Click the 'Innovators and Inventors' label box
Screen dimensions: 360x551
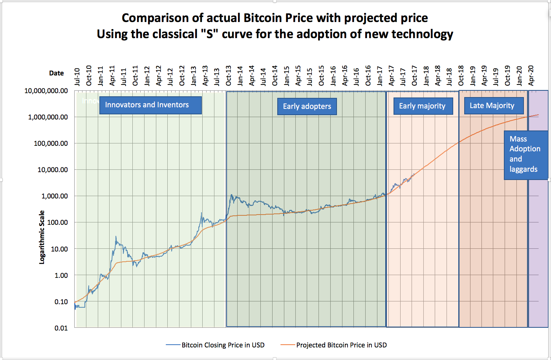[150, 105]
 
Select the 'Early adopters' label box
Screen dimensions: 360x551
[307, 107]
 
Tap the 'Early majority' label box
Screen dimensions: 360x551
[423, 106]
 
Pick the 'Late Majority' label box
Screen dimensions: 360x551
[494, 106]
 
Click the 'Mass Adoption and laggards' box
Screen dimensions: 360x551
[525, 154]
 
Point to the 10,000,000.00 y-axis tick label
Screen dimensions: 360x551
[46, 91]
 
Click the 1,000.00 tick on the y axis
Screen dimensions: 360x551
[55, 196]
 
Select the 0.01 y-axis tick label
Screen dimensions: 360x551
[61, 328]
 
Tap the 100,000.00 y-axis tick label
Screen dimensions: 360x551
[51, 143]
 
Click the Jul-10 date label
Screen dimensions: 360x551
[77, 77]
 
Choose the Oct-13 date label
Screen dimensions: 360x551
[229, 75]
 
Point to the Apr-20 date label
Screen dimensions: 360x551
[531, 75]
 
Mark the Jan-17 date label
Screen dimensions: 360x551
[380, 75]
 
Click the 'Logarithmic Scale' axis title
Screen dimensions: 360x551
[42, 237]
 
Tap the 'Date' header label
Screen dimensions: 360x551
[57, 73]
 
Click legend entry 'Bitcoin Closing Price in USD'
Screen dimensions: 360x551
[223, 345]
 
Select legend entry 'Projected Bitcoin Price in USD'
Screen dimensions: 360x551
[341, 345]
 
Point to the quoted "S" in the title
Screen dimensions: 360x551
[209, 34]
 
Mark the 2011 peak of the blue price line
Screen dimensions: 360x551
[116, 237]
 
